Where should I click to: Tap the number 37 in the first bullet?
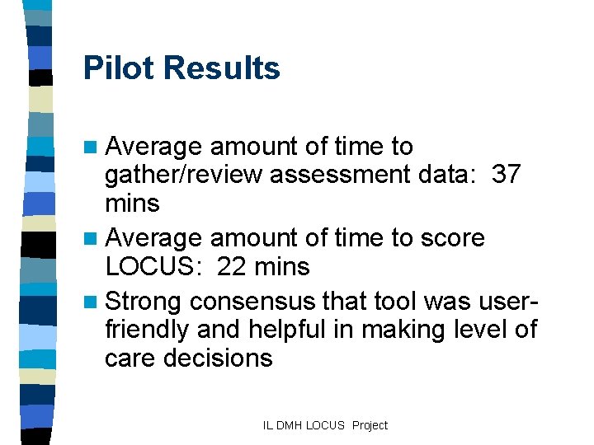507,176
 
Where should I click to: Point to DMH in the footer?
288,425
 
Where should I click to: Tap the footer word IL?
267,425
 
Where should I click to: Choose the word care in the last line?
131,358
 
